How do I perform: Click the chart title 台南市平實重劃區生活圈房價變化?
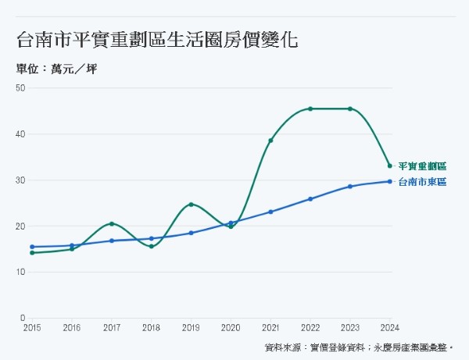[156, 39]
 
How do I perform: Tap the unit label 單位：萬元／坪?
[57, 69]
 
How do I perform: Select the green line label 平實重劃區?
[422, 166]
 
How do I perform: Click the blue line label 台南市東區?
[422, 182]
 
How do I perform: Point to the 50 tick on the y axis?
[21, 87]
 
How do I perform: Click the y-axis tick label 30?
[21, 180]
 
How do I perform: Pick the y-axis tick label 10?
[21, 272]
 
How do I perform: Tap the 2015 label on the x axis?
[32, 329]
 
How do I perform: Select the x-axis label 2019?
[191, 329]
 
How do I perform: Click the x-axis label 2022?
[310, 329]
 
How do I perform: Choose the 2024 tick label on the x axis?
[390, 329]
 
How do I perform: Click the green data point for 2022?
[310, 109]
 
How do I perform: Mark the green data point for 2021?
[270, 141]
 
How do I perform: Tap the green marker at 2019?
[191, 205]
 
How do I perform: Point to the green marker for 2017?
[112, 224]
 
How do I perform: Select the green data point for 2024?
[390, 166]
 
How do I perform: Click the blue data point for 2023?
[350, 187]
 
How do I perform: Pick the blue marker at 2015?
[32, 247]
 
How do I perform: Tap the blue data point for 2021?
[270, 212]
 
